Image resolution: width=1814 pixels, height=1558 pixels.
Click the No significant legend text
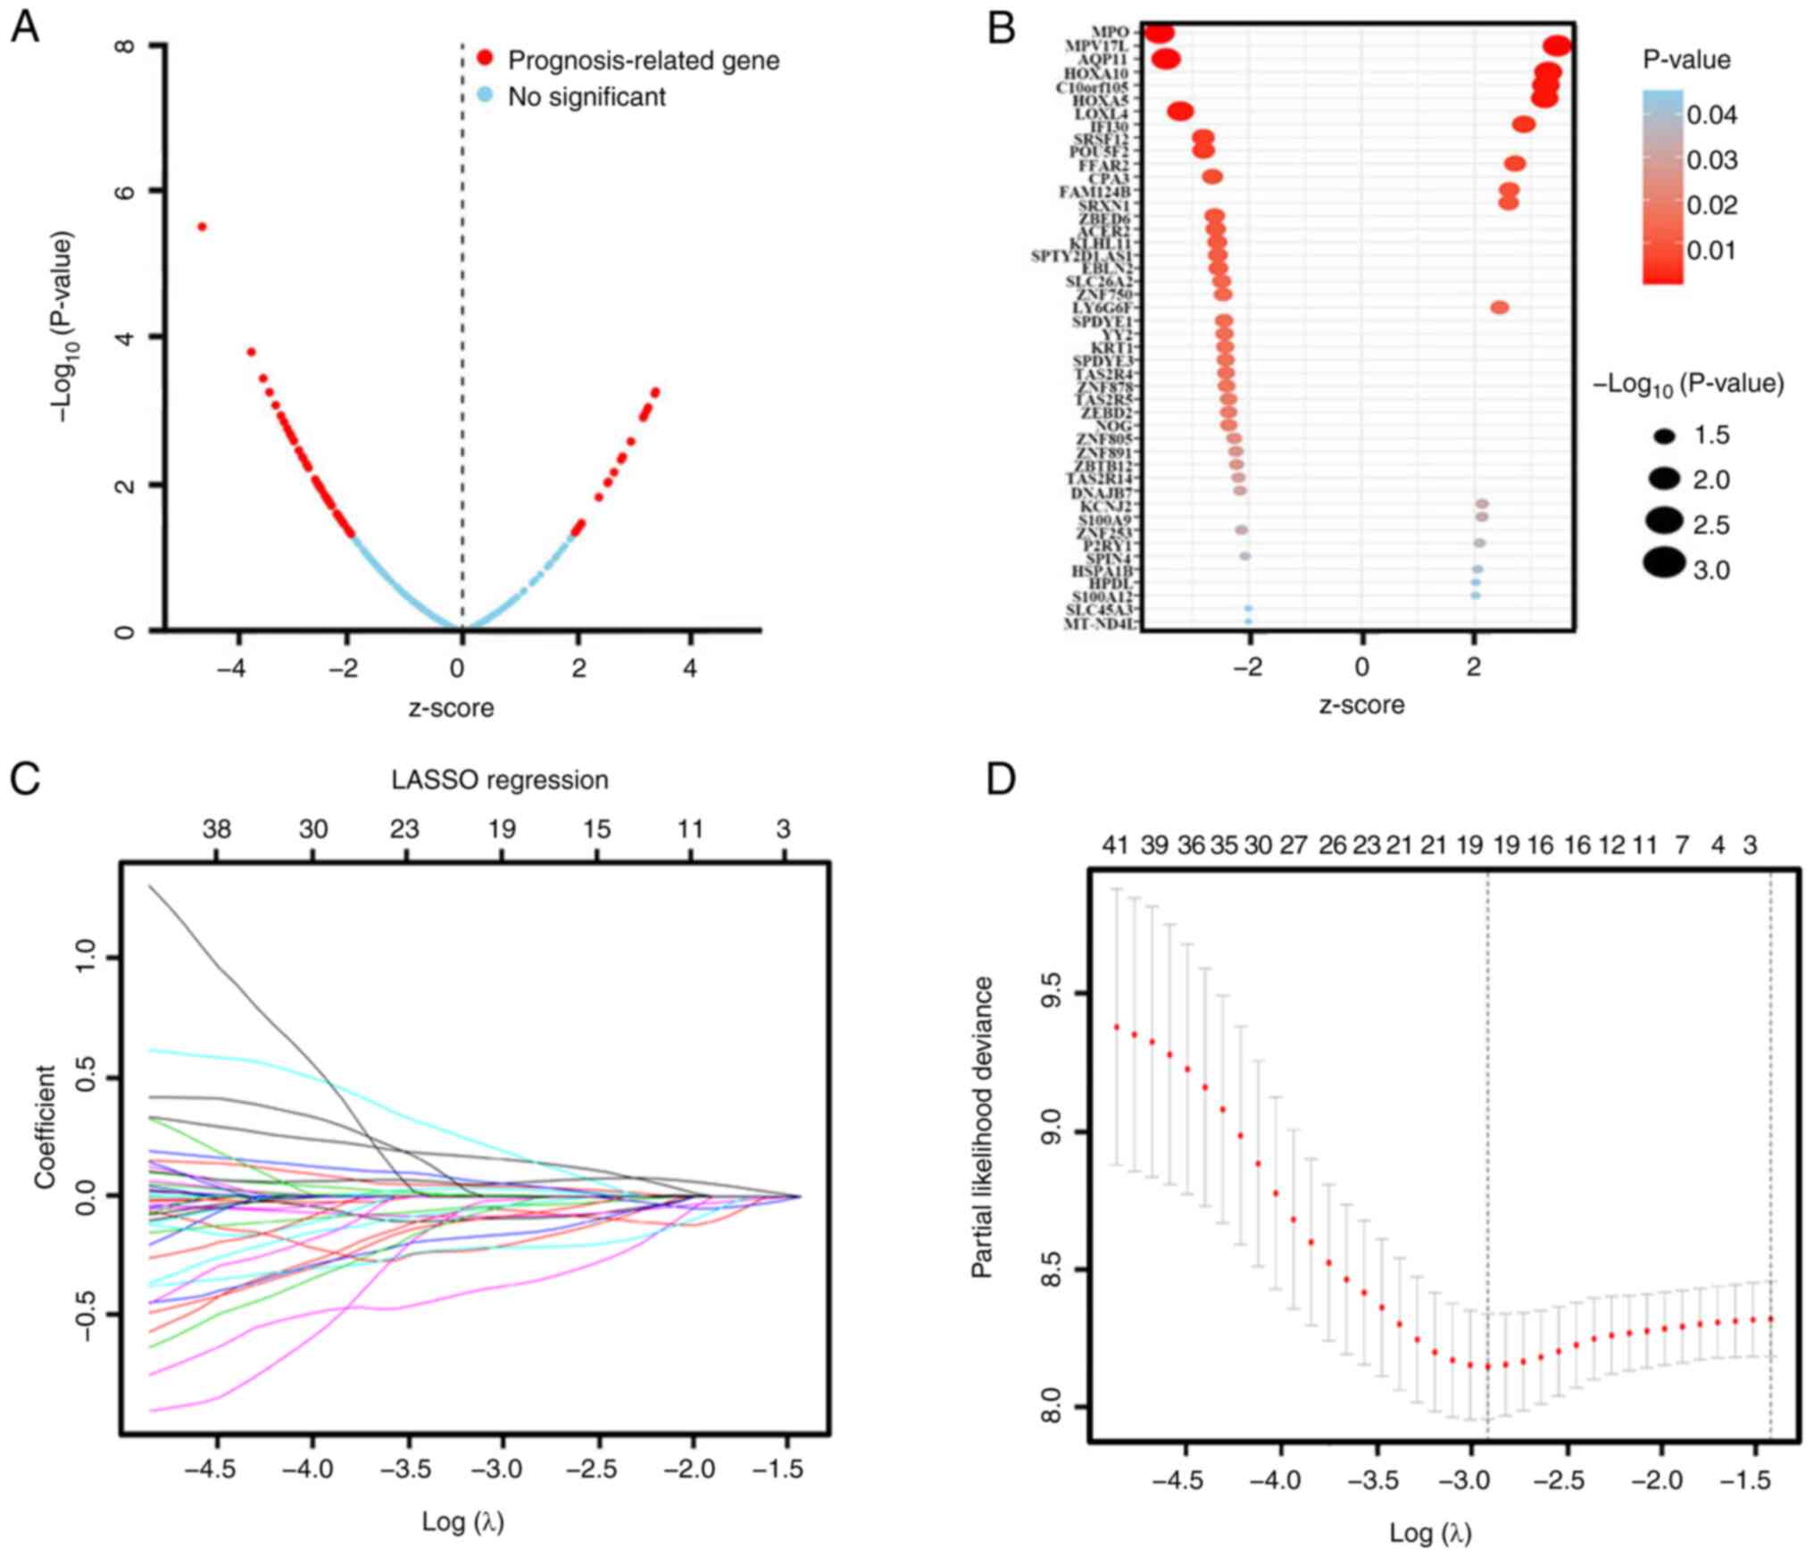point(587,96)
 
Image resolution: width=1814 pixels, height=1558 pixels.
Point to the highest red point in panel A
point(202,227)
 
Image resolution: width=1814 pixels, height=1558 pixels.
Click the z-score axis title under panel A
point(451,708)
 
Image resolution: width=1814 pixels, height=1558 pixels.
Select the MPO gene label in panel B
point(1111,33)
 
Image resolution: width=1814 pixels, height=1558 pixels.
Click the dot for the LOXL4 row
point(1180,112)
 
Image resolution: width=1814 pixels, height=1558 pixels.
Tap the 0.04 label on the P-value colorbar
point(1711,114)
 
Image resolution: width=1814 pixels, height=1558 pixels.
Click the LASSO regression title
point(500,779)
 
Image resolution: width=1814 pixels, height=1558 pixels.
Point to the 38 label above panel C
point(216,829)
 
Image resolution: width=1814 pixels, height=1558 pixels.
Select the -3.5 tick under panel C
point(407,1469)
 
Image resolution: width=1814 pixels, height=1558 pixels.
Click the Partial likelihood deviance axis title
point(982,1127)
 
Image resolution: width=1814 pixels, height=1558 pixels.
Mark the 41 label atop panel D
point(1115,845)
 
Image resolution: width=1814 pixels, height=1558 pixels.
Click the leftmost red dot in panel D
point(1116,1028)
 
